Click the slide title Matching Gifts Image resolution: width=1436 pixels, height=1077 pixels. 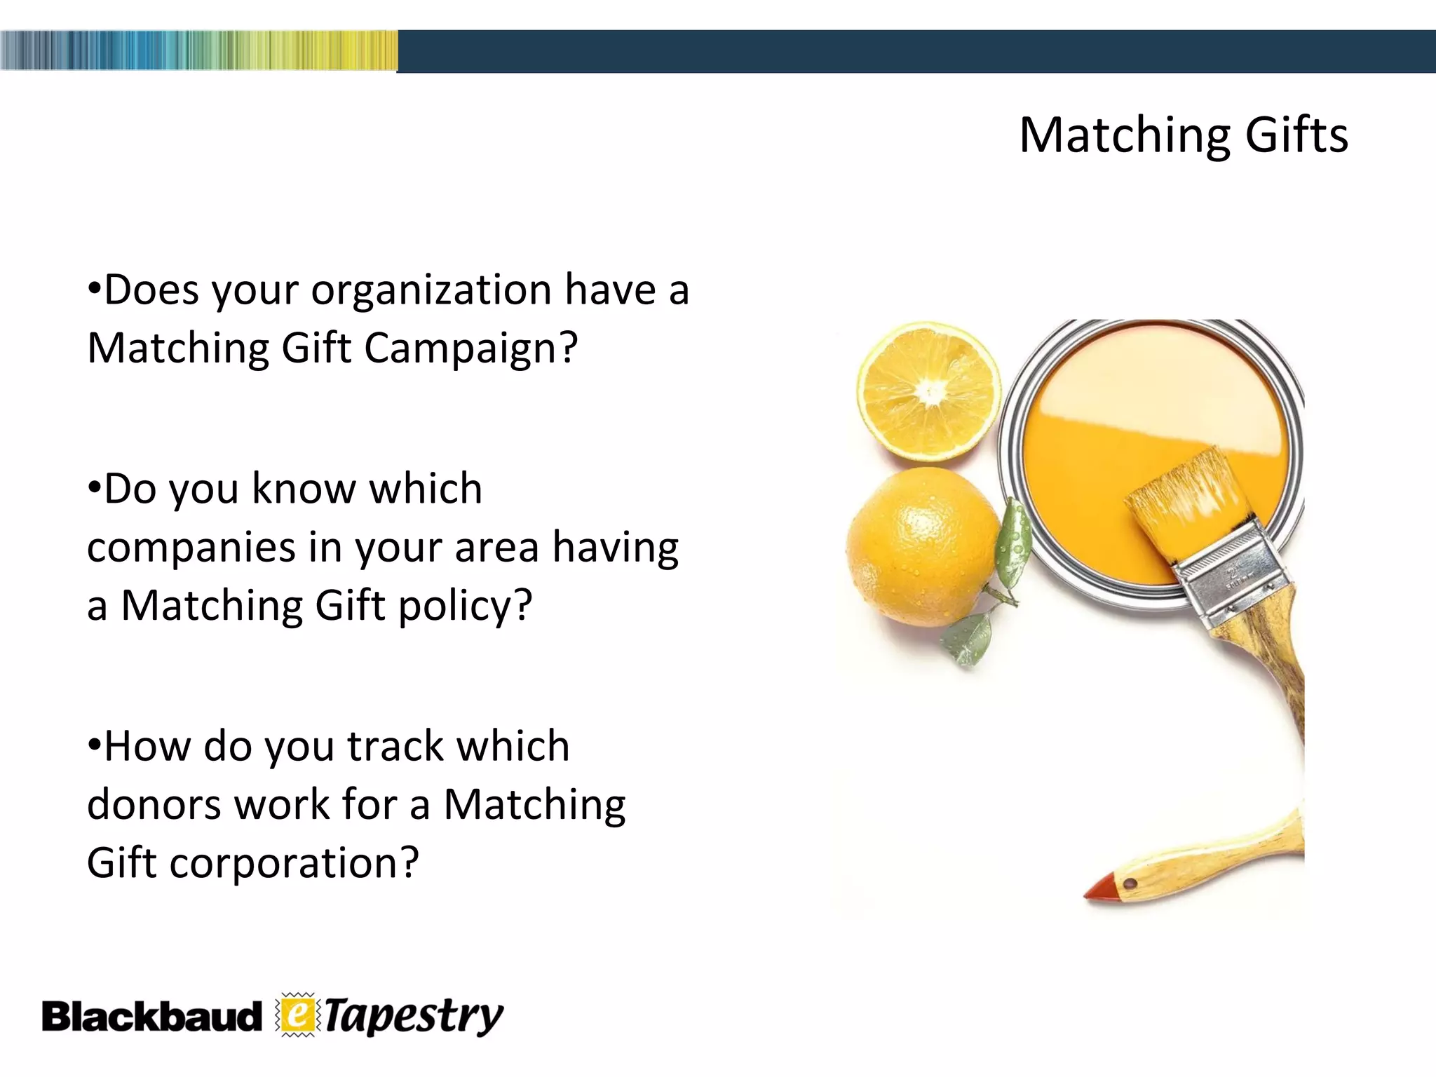coord(1183,135)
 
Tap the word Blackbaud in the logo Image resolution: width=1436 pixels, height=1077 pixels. coord(151,1017)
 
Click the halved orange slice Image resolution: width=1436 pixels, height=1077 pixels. coord(929,391)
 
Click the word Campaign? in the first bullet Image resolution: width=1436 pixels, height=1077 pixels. coord(470,348)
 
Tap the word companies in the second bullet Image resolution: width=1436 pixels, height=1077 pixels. coord(191,548)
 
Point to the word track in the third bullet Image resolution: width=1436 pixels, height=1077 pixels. coord(395,746)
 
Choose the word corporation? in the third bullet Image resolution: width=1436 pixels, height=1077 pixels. coord(294,862)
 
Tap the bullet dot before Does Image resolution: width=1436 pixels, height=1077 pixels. coord(94,288)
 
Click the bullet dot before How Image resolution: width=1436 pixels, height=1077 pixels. coord(94,744)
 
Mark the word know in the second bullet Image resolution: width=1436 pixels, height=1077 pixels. coord(303,489)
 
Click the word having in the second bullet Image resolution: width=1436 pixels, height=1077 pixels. coord(615,548)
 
